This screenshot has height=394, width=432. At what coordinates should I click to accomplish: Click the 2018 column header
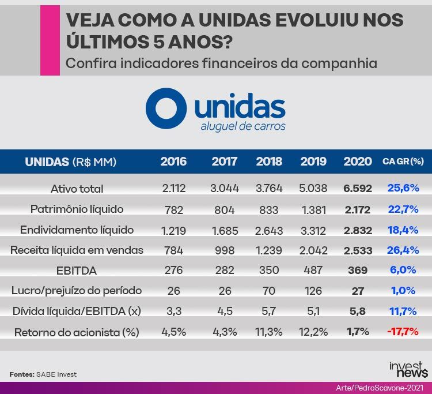[268, 162]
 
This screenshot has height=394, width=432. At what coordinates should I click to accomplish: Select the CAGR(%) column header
[403, 162]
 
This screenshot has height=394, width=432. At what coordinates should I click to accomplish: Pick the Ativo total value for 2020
[358, 189]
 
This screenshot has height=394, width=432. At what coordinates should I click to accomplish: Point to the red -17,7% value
[403, 332]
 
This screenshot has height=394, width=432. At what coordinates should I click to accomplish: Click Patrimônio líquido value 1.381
[313, 209]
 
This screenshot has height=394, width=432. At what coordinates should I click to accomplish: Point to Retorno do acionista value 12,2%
[313, 332]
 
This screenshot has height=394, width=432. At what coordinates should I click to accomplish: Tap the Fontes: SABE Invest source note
[43, 374]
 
